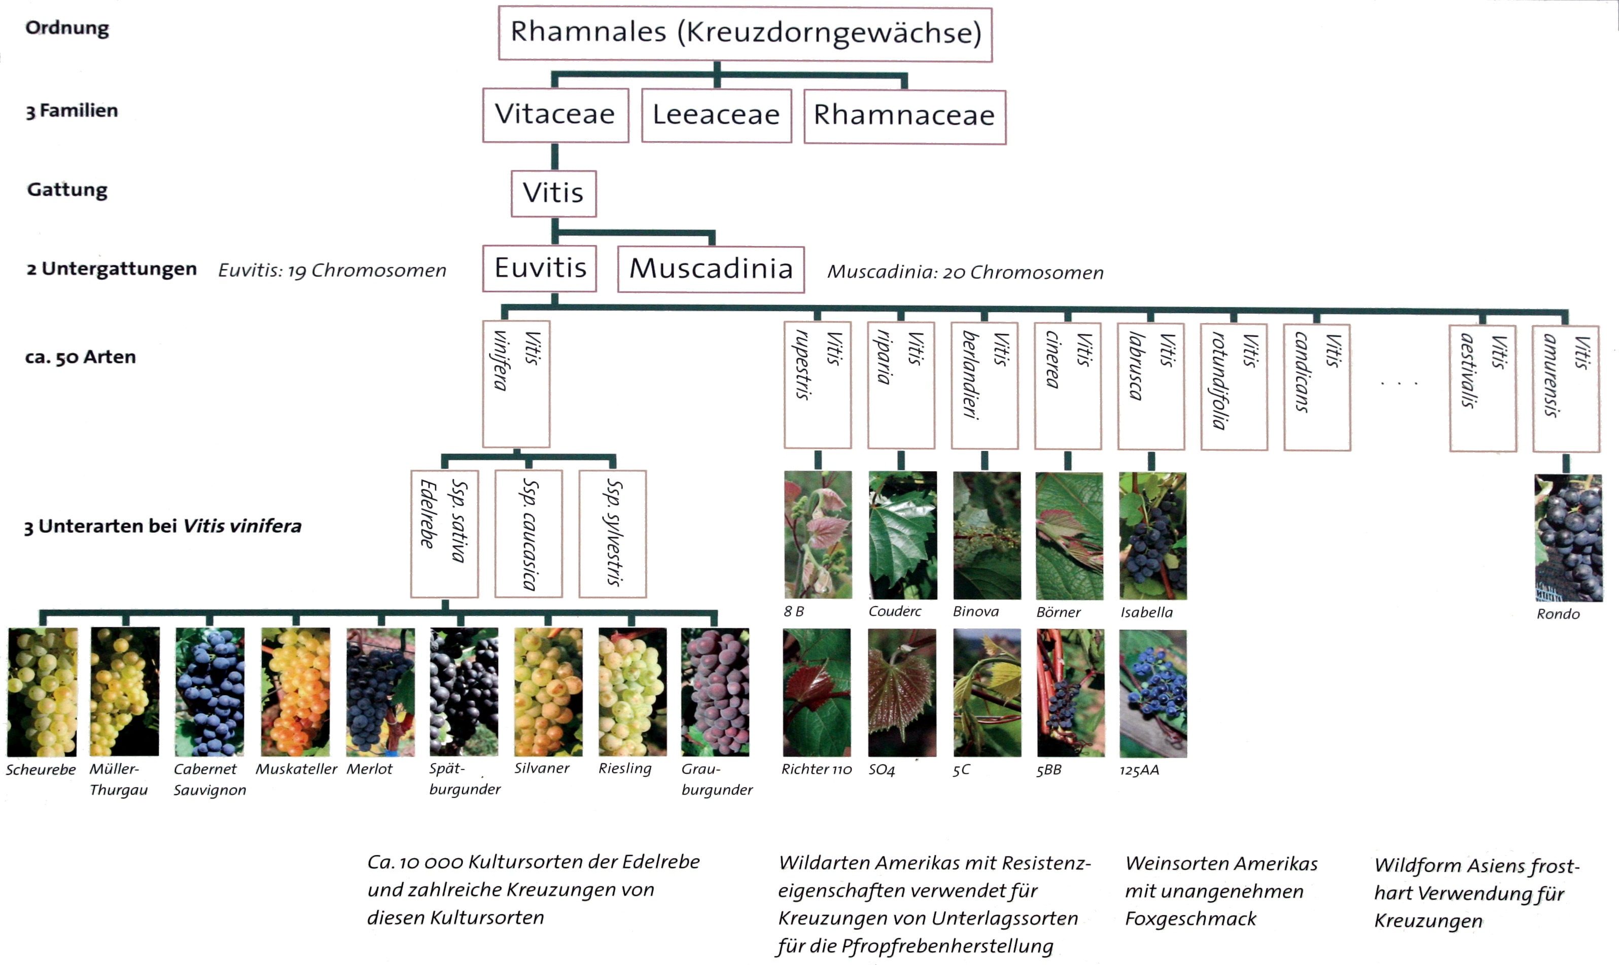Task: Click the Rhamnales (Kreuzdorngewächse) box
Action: pyautogui.click(x=745, y=34)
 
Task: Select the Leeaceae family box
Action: pyautogui.click(x=717, y=115)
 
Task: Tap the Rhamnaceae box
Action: pyautogui.click(x=905, y=117)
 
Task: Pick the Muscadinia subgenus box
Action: pyautogui.click(x=711, y=269)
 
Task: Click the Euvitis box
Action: pyautogui.click(x=540, y=268)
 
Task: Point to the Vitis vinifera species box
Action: pyautogui.click(x=516, y=384)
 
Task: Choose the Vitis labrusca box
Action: pyautogui.click(x=1151, y=386)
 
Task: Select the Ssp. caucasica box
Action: pyautogui.click(x=529, y=534)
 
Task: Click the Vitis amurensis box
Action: pyautogui.click(x=1566, y=389)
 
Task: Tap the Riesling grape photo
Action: pyautogui.click(x=632, y=692)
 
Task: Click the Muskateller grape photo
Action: pyautogui.click(x=296, y=692)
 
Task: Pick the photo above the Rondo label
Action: pyautogui.click(x=1568, y=538)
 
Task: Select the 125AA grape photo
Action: pyautogui.click(x=1153, y=693)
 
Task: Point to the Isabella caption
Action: pyautogui.click(x=1146, y=612)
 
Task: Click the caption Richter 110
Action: pyautogui.click(x=816, y=769)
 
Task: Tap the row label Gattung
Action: pyautogui.click(x=67, y=190)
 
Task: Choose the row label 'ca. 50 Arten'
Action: pyautogui.click(x=81, y=357)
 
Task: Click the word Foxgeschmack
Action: pyautogui.click(x=1190, y=919)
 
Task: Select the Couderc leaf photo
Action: pyautogui.click(x=902, y=535)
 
